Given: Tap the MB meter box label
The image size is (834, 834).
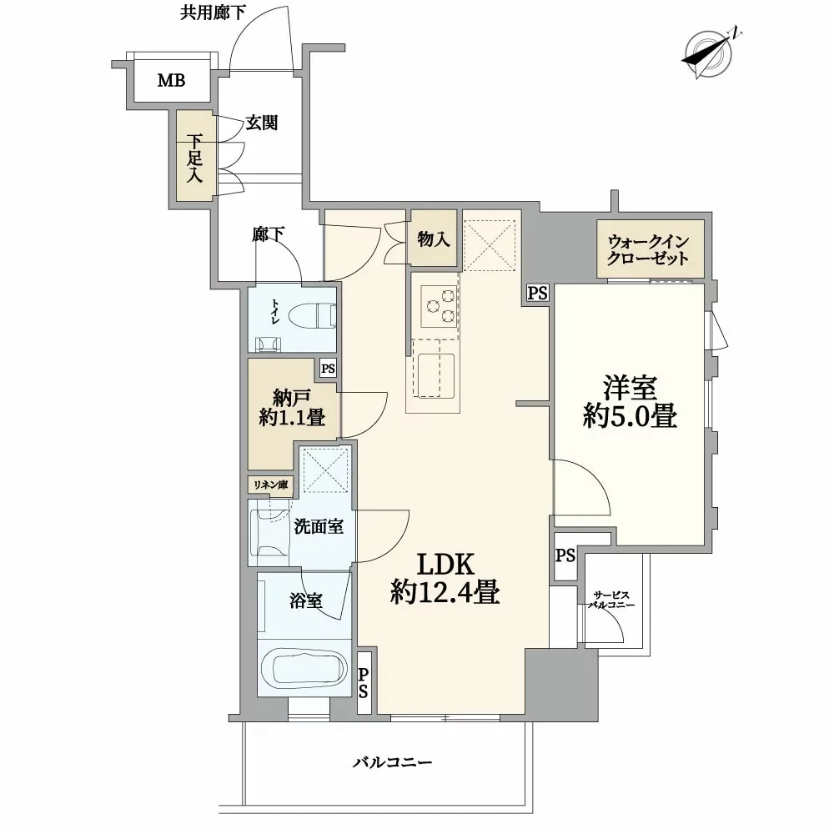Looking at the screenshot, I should [x=173, y=81].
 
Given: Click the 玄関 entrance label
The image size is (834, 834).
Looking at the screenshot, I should [x=261, y=123].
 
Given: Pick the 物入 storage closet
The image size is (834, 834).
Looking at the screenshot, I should [x=434, y=240].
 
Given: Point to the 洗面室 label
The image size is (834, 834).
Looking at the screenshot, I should [x=313, y=527].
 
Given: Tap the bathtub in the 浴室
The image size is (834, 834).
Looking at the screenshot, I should [x=304, y=669].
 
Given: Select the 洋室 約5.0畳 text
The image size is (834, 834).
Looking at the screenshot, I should [x=629, y=402].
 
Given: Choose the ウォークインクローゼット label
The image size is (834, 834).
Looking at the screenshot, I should [x=650, y=249].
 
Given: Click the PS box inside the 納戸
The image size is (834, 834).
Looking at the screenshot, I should [x=328, y=368].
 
